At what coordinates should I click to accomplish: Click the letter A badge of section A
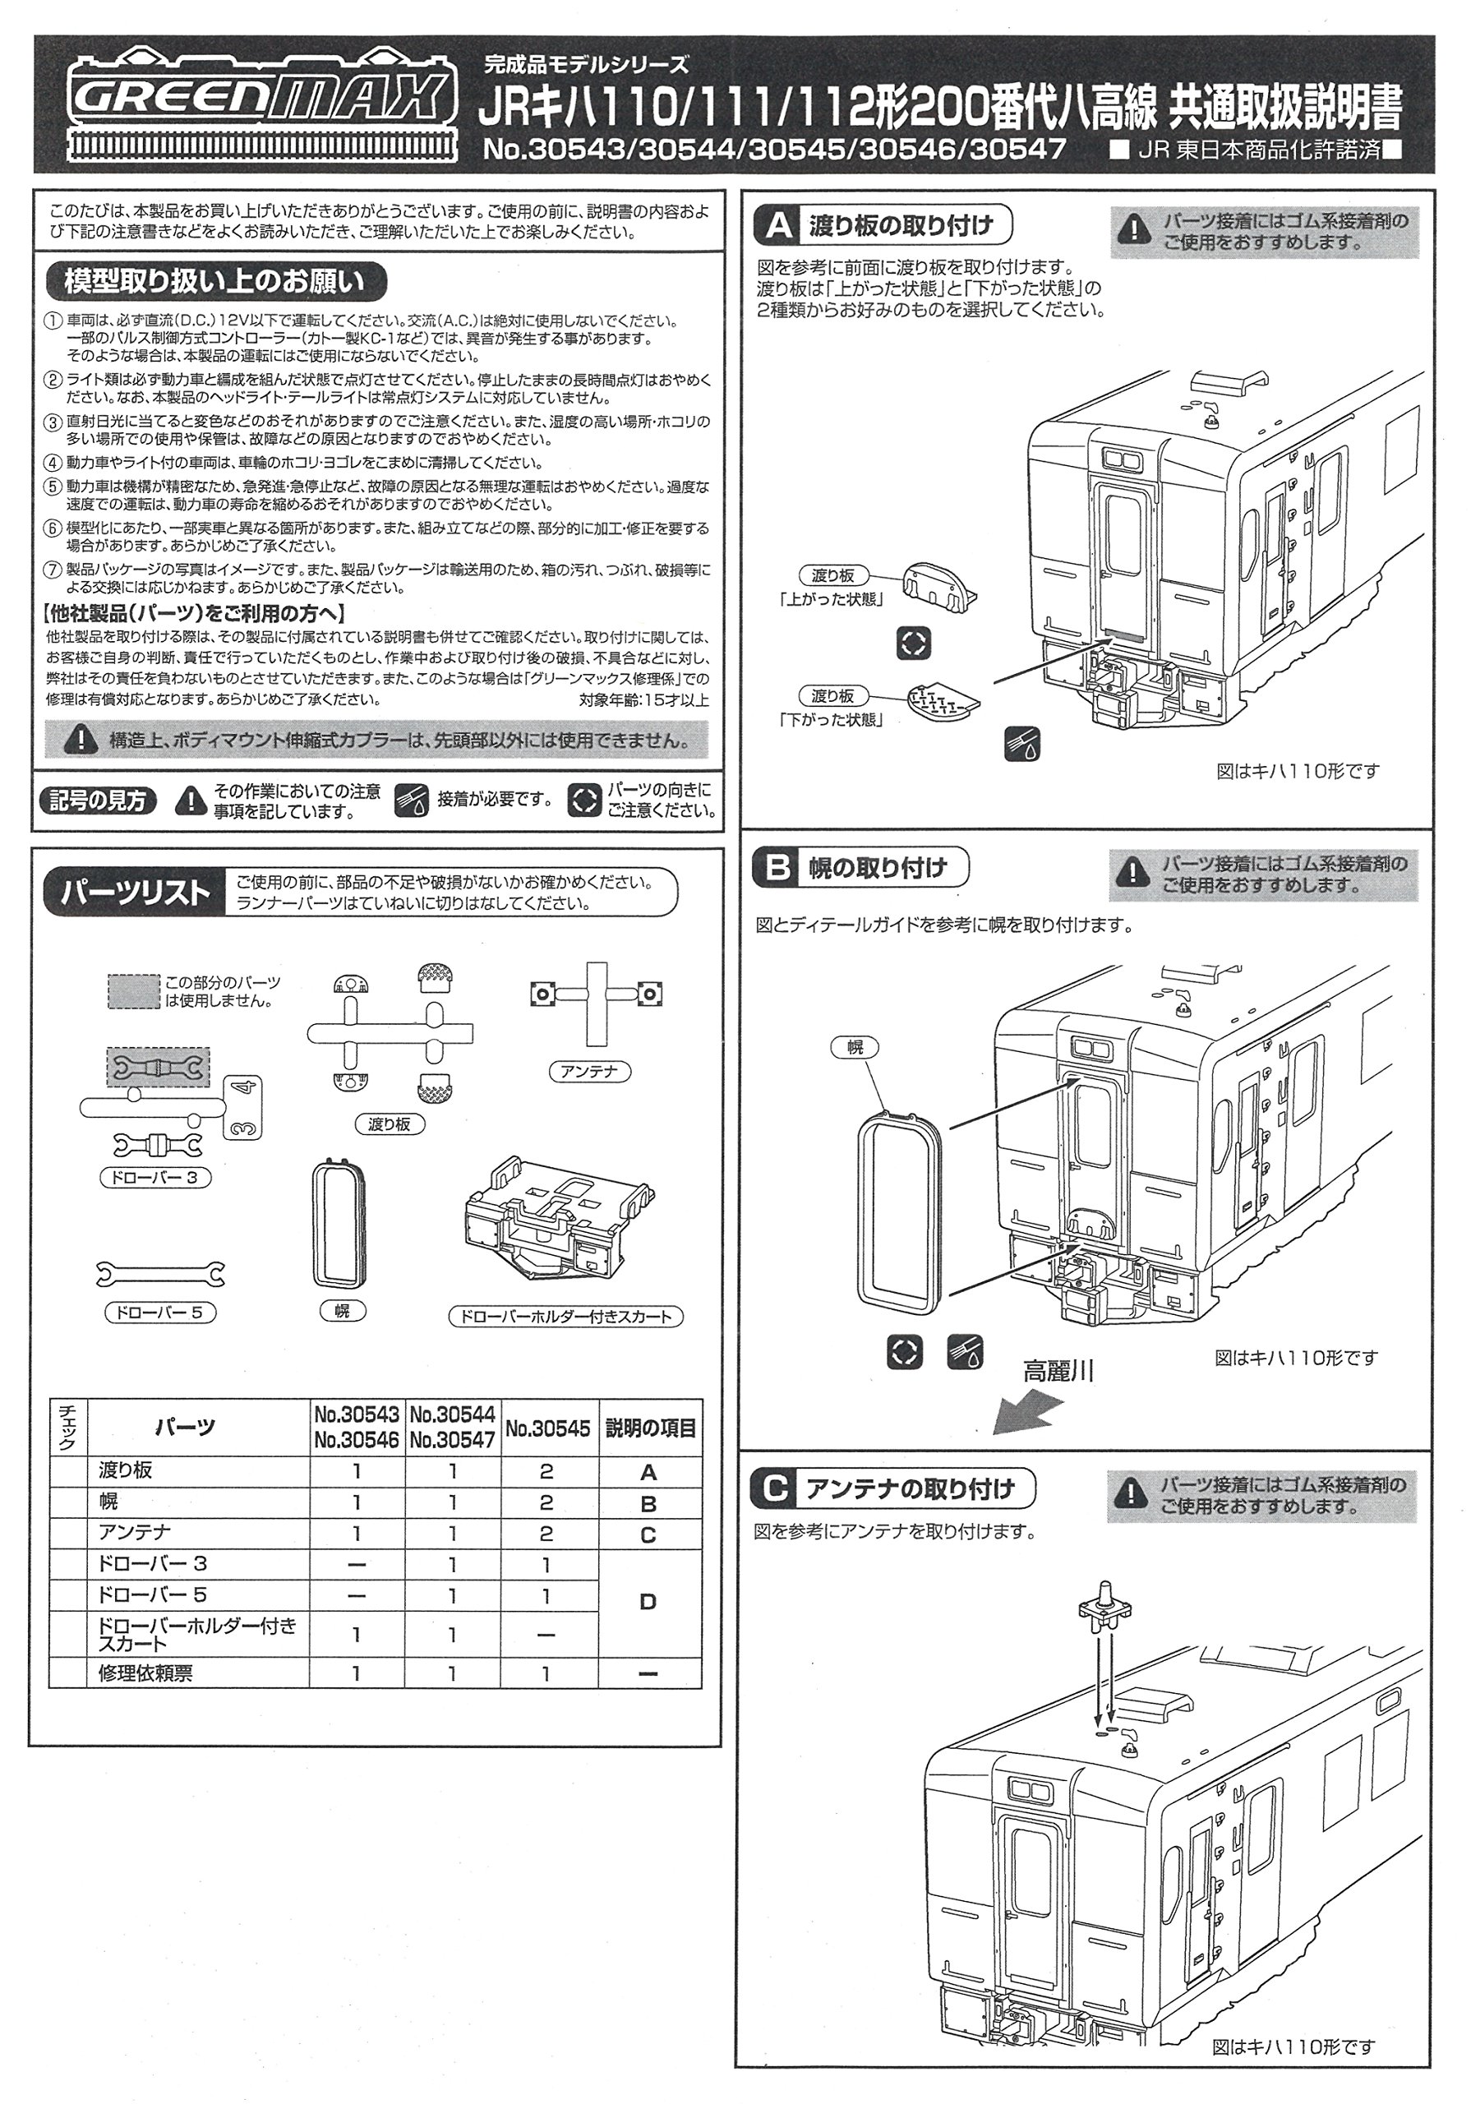click(778, 224)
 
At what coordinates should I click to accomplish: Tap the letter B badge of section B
click(777, 867)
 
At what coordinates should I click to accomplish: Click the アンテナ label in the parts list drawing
click(589, 1070)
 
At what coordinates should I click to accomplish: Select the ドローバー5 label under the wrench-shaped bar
click(159, 1313)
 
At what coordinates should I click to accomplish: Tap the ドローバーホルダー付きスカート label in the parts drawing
click(565, 1317)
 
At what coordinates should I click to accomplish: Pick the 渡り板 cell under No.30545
click(547, 1472)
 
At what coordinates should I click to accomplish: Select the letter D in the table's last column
click(648, 1603)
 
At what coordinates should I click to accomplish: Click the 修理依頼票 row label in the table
click(145, 1673)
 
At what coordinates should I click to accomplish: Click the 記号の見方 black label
click(98, 800)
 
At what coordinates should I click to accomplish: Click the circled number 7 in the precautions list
click(54, 571)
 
